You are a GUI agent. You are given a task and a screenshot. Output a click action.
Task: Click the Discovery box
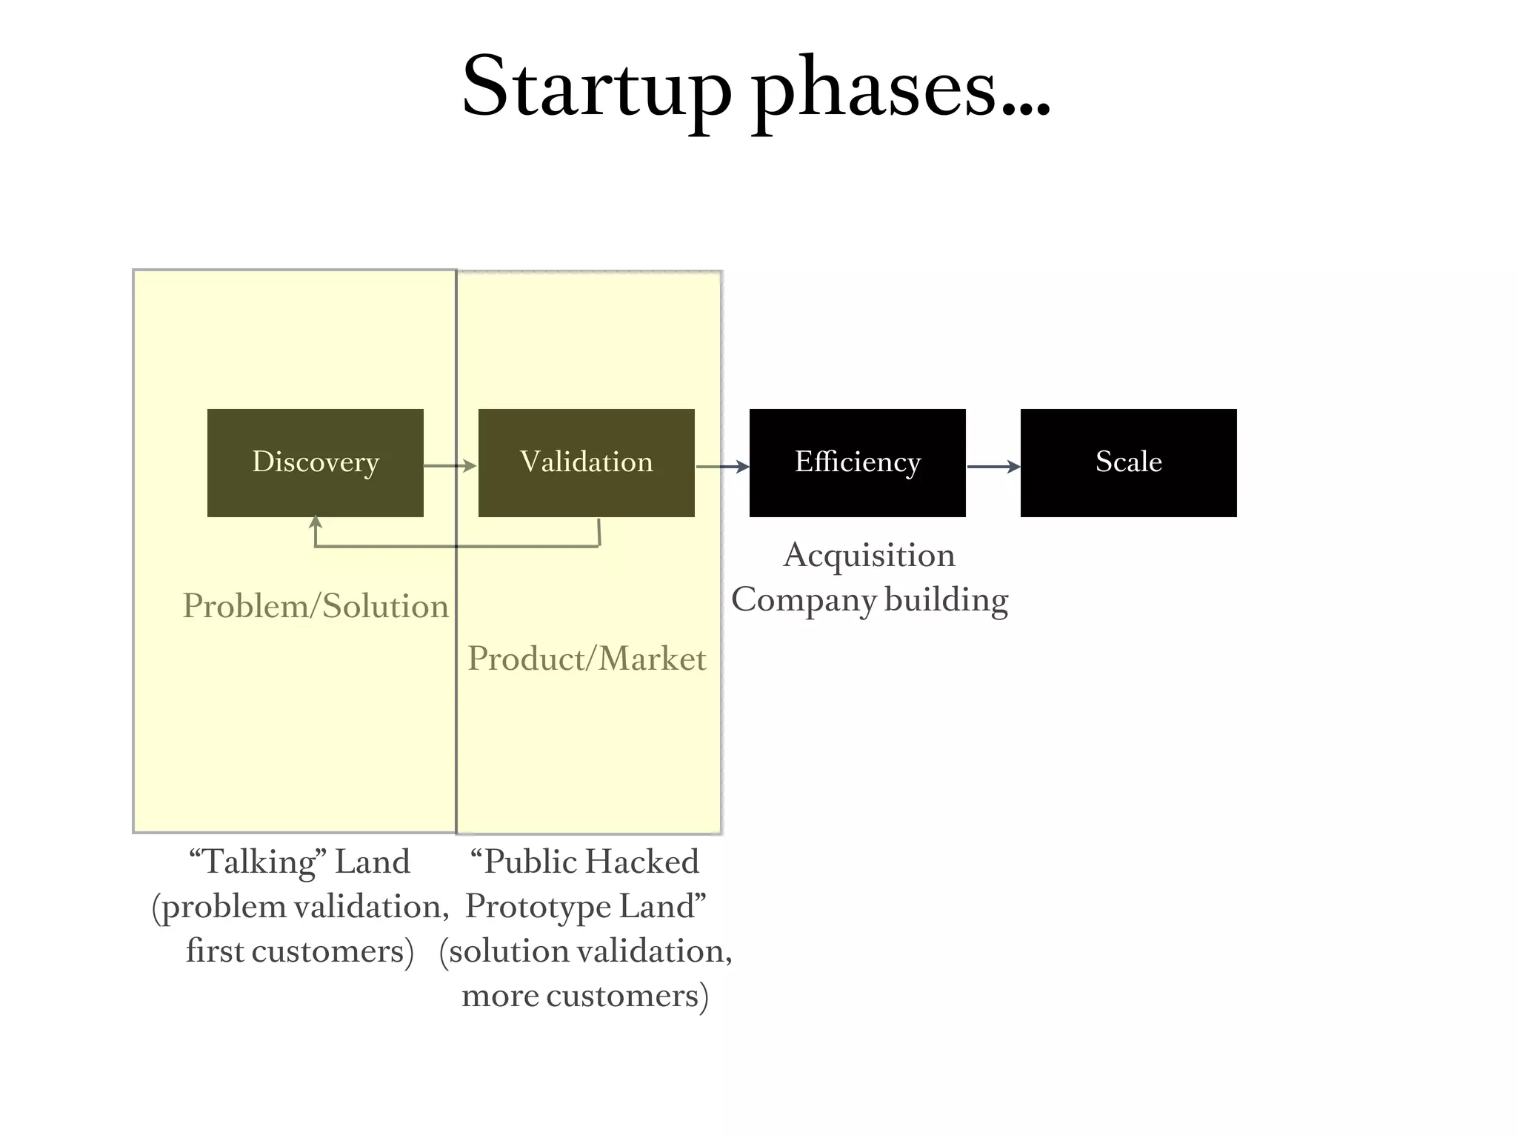pyautogui.click(x=316, y=462)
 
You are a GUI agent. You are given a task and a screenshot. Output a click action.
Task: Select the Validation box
pyautogui.click(x=586, y=462)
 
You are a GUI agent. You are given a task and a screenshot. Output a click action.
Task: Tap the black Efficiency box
pyautogui.click(x=857, y=462)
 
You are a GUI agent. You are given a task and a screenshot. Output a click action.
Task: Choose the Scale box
pyautogui.click(x=1128, y=462)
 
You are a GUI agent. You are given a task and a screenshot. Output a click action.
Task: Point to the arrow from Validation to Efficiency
pyautogui.click(x=722, y=467)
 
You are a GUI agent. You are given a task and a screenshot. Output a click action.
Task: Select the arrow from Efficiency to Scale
pyautogui.click(x=993, y=467)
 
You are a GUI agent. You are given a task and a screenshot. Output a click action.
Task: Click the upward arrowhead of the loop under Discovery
pyautogui.click(x=316, y=522)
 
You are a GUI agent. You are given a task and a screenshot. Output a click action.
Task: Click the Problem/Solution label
pyautogui.click(x=316, y=606)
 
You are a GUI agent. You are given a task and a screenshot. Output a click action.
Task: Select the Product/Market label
pyautogui.click(x=587, y=659)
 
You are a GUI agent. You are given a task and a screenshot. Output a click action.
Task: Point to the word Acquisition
pyautogui.click(x=869, y=556)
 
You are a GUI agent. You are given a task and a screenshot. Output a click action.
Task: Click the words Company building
pyautogui.click(x=870, y=600)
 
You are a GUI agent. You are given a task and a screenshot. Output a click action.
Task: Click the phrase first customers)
pyautogui.click(x=299, y=951)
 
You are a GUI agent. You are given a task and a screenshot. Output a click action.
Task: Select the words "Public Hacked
pyautogui.click(x=584, y=862)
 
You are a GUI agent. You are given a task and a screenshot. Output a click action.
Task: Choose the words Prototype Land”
pyautogui.click(x=585, y=907)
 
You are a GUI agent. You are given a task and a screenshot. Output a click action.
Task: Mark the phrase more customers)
pyautogui.click(x=585, y=996)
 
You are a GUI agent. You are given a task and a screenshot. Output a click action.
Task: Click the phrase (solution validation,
pyautogui.click(x=585, y=951)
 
